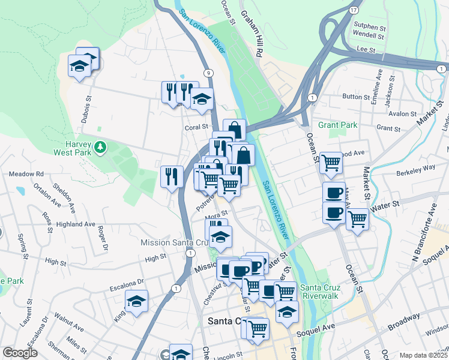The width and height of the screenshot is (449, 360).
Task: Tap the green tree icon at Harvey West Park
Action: coord(101,146)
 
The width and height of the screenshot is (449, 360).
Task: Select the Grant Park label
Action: coord(337,125)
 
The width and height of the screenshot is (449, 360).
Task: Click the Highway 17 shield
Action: coord(354,11)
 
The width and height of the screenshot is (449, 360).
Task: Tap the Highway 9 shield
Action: coord(208,73)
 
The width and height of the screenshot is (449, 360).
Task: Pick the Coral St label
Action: coord(196,127)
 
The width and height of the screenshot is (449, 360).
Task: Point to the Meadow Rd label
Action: coord(26,174)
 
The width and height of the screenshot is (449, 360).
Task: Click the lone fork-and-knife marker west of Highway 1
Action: coord(172,176)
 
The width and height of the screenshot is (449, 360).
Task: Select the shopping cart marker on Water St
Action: coord(357,219)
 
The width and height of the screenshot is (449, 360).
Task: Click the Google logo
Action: coord(20,353)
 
